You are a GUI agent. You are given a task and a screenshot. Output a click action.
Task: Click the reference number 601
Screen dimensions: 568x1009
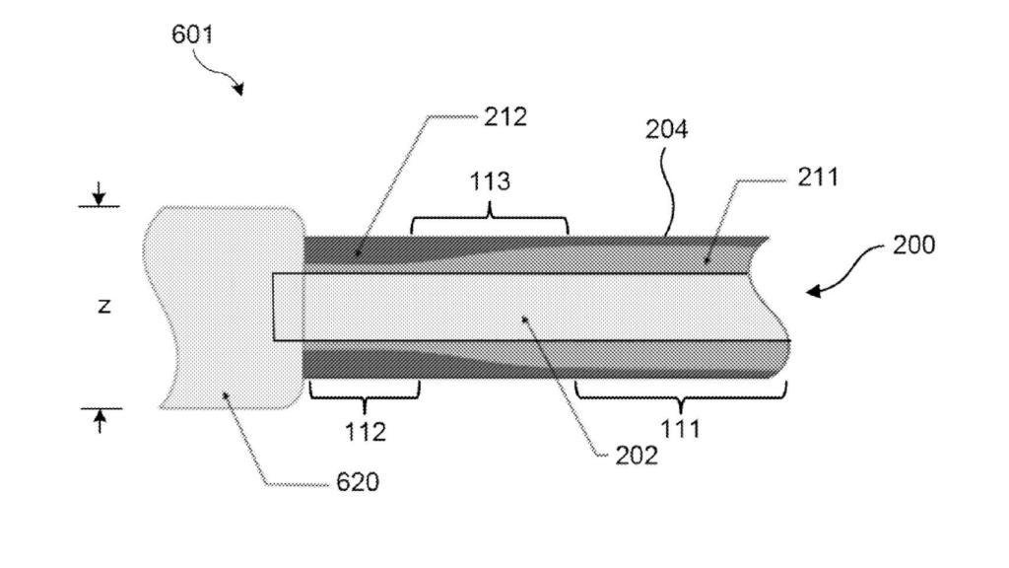pos(192,35)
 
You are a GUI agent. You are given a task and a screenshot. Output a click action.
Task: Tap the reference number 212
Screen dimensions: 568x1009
pos(505,117)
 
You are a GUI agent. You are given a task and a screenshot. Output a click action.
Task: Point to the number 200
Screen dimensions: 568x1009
pos(913,245)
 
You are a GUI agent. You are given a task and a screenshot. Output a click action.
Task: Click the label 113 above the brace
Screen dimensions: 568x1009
pos(490,180)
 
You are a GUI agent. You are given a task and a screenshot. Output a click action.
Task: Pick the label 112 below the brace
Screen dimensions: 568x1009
pos(365,431)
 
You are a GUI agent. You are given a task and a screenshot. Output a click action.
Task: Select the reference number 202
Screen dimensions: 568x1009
pos(638,457)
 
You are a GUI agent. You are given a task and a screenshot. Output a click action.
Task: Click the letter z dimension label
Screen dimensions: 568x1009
pos(103,307)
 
